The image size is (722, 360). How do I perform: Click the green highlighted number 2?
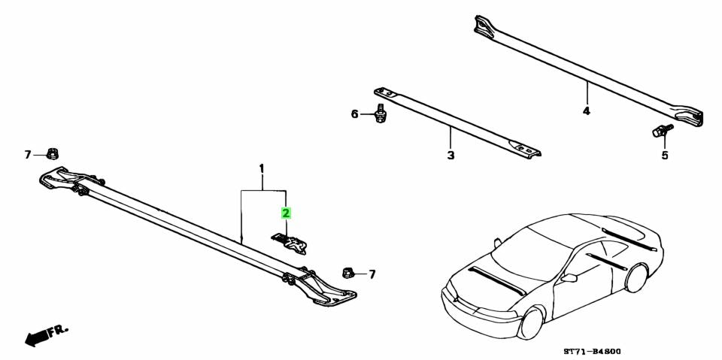coord(286,213)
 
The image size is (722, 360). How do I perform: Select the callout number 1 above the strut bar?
coord(262,166)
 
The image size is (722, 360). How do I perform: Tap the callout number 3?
coord(450,156)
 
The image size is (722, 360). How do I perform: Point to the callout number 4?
coord(587,111)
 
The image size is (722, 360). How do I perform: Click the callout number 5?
coord(664,156)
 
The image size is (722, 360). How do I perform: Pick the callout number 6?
coord(355,114)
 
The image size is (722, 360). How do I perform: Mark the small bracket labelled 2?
coord(292,242)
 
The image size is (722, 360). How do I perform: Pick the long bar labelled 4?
coord(587,71)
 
